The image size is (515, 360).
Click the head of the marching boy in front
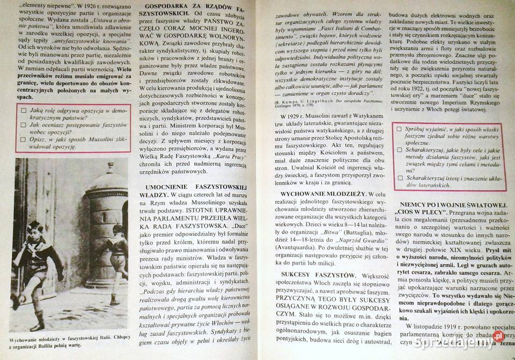[x=34, y=226]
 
